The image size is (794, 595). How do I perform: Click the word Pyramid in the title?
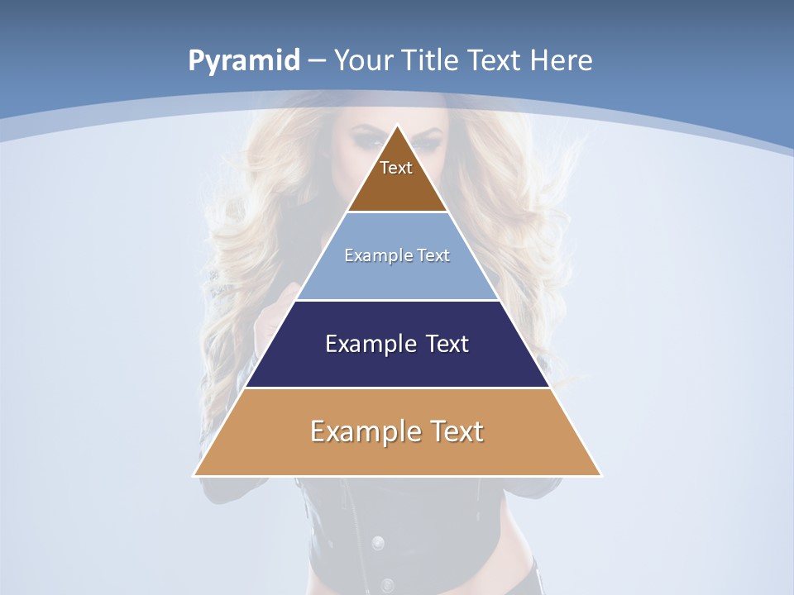coord(243,61)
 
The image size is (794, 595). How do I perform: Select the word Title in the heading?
coord(432,60)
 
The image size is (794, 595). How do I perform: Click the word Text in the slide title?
coord(495,60)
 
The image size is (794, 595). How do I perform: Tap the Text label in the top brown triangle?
coord(396,169)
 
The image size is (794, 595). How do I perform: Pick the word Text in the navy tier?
coord(448,344)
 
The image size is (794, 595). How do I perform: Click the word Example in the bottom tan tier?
coord(358,431)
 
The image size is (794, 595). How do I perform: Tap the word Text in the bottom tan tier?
coord(457,431)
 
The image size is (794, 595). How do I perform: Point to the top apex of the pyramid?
coord(398,126)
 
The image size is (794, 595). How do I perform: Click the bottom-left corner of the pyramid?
coord(194,475)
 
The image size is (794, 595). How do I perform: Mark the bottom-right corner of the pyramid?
coord(601,475)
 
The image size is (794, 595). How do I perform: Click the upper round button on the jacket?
coord(378,543)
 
